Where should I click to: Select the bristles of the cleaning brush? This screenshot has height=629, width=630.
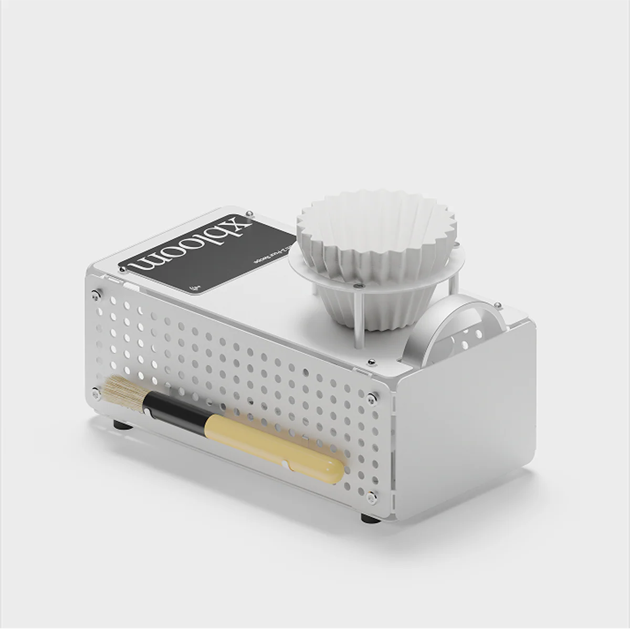pos(122,393)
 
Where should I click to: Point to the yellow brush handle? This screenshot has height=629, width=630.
pos(273,446)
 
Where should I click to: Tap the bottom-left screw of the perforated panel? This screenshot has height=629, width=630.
pos(96,391)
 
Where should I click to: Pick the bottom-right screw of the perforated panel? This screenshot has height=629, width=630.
pos(371,496)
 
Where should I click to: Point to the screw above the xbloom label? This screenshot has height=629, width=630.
pos(250,213)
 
